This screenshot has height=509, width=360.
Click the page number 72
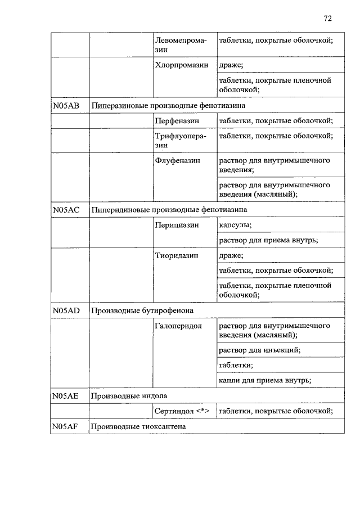[x=328, y=18]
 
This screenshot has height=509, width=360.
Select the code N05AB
[x=66, y=105]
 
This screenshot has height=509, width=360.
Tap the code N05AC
[x=66, y=209]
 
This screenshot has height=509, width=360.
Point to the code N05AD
[x=66, y=310]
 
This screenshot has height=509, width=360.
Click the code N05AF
[x=66, y=426]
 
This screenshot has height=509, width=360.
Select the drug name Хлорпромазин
[x=182, y=65]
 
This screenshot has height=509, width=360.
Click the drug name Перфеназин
[x=177, y=120]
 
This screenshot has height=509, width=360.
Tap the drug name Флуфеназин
[x=177, y=160]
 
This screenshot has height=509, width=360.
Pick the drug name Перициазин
[x=177, y=225]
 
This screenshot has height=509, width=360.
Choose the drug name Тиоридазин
[x=177, y=255]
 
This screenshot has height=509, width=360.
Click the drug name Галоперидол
[x=178, y=326]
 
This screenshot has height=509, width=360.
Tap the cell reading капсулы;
[x=235, y=225]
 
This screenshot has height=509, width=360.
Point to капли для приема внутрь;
[x=265, y=380]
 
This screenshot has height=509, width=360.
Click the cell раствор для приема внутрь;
[x=269, y=240]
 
